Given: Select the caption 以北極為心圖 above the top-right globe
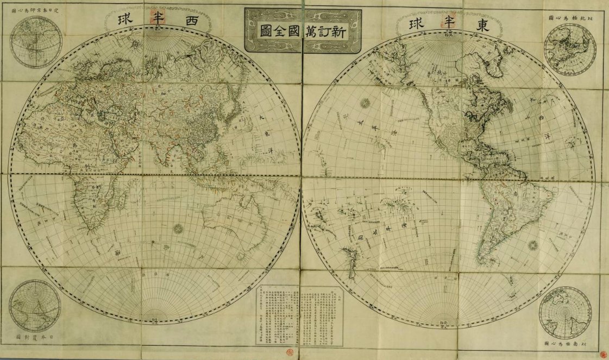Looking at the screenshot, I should pyautogui.click(x=570, y=18).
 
